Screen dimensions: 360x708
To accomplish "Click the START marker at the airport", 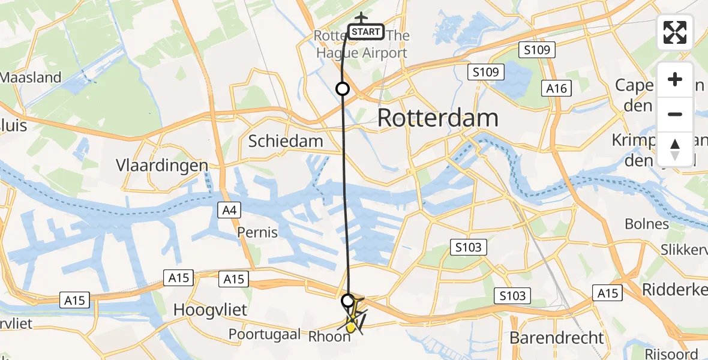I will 366,32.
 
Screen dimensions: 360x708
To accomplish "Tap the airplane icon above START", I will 361,18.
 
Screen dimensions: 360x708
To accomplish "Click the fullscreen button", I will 675,32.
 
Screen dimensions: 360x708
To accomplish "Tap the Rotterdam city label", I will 438,118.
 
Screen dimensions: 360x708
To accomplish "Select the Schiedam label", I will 286,142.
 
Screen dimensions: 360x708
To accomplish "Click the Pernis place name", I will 257,232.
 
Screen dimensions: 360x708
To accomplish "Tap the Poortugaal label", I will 264,334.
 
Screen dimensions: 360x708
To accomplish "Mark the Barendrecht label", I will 557,337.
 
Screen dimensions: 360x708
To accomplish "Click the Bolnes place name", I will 647,224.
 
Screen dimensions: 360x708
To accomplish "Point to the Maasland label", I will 31,77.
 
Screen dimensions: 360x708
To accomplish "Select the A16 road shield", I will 555,89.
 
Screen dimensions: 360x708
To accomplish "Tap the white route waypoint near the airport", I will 342,89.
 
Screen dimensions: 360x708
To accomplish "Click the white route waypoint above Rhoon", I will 347,299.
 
